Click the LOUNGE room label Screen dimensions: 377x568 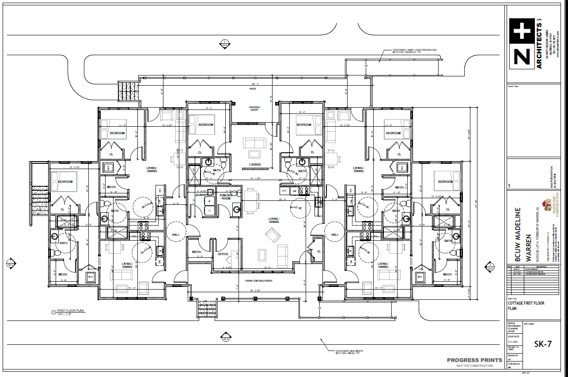point(255,165)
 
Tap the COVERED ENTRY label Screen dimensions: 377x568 point(254,109)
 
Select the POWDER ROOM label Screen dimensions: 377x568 point(226,197)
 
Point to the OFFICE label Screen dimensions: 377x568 point(223,254)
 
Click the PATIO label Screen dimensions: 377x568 point(253,89)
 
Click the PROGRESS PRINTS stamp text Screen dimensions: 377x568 point(474,360)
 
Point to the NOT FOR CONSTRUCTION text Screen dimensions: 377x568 point(475,366)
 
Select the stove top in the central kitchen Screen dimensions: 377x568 point(303,191)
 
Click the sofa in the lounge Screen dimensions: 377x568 point(255,143)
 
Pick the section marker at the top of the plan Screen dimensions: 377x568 point(224,44)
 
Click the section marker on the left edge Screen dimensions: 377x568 point(10,264)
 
